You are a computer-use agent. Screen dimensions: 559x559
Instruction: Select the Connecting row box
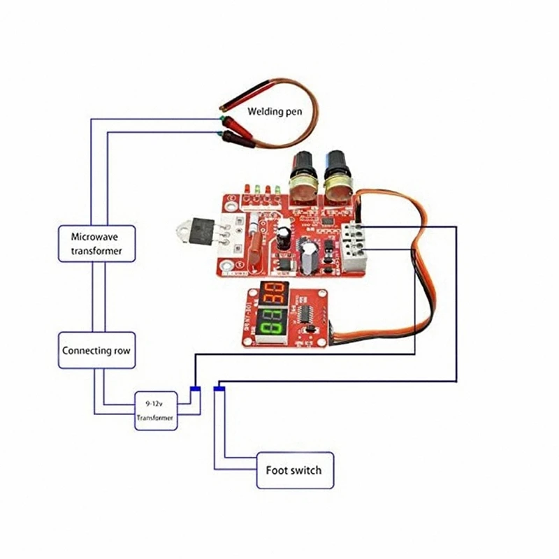point(96,350)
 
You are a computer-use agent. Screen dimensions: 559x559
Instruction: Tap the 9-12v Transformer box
point(156,412)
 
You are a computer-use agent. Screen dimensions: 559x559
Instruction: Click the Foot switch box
point(295,470)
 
